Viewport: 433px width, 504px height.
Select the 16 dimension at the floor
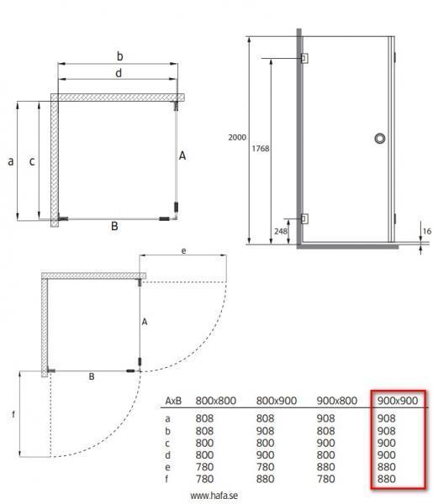426,229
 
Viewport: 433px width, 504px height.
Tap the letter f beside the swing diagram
11,414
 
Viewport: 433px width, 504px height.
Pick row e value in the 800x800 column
206,468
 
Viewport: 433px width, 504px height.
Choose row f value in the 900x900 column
387,480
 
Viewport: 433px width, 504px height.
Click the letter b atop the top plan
120,56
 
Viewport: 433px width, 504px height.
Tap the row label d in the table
168,455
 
